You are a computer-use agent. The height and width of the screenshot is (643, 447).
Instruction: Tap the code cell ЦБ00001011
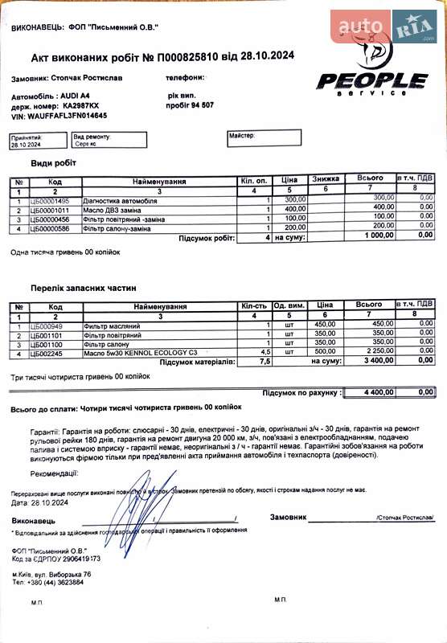click(50, 208)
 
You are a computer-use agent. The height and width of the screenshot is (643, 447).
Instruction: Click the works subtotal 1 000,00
click(374, 238)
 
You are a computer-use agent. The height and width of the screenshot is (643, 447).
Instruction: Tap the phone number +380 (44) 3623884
click(57, 582)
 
